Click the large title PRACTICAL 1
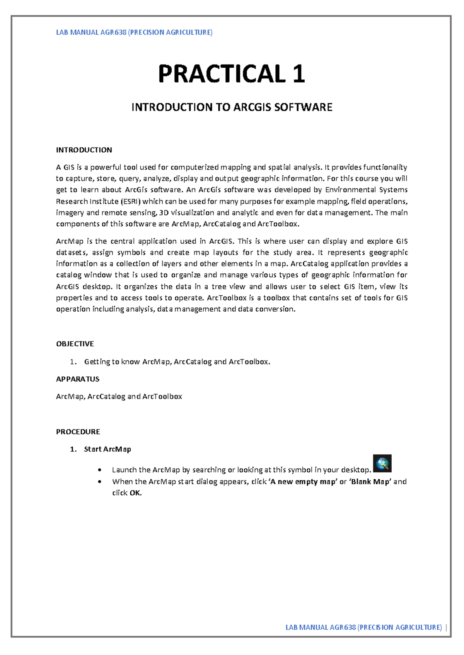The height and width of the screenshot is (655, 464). (232, 74)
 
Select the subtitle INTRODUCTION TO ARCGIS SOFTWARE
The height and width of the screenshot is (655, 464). (232, 107)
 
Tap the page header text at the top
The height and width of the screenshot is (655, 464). (134, 32)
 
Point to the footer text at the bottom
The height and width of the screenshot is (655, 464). (363, 627)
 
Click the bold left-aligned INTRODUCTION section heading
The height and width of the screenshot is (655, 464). (84, 150)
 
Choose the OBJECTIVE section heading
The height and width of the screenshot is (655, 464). (75, 344)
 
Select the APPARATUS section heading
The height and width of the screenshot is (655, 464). (78, 379)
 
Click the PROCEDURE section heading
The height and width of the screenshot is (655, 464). (78, 431)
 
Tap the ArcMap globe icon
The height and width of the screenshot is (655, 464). (382, 463)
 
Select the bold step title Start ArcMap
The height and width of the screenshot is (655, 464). (107, 449)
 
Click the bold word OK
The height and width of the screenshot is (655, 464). (135, 493)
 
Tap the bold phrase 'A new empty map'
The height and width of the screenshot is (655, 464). (302, 482)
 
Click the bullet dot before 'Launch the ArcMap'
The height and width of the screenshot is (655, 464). (100, 470)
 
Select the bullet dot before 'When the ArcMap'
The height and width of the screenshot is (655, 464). (100, 482)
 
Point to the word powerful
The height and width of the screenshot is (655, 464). (106, 167)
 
